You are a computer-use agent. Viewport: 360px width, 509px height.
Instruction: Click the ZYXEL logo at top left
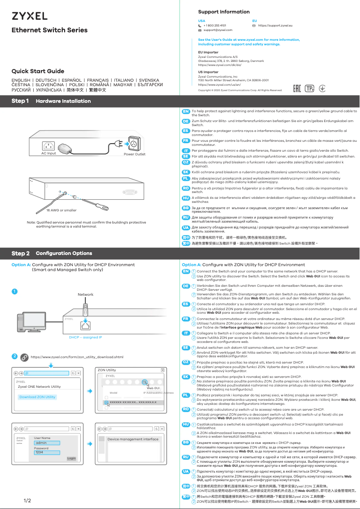pos(29,16)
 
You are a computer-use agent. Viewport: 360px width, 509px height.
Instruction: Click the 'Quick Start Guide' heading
pos(38,71)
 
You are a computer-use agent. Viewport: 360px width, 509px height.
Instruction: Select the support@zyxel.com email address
pos(218,30)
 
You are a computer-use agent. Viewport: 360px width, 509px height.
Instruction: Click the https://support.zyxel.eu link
pos(275,26)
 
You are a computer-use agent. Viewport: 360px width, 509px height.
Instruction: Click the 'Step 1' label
pos(20,101)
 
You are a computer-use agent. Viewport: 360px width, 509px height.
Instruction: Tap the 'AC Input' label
pos(48,154)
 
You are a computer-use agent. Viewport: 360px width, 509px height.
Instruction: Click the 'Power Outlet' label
pos(135,154)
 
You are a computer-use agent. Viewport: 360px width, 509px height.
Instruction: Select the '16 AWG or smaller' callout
pos(61,210)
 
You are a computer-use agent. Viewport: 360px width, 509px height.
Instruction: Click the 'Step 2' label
pos(21,254)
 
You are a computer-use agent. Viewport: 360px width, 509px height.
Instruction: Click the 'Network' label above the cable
pos(85,294)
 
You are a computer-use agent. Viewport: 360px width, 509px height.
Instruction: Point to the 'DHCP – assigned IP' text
pos(85,337)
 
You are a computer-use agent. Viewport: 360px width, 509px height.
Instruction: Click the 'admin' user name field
pos(41,443)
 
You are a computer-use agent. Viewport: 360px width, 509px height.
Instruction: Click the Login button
pos(71,458)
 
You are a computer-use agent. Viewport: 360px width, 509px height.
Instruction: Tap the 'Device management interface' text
pos(133,439)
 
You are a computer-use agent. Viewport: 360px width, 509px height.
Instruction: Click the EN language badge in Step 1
pos(185,111)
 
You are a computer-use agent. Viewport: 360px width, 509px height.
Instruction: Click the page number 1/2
pos(27,500)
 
